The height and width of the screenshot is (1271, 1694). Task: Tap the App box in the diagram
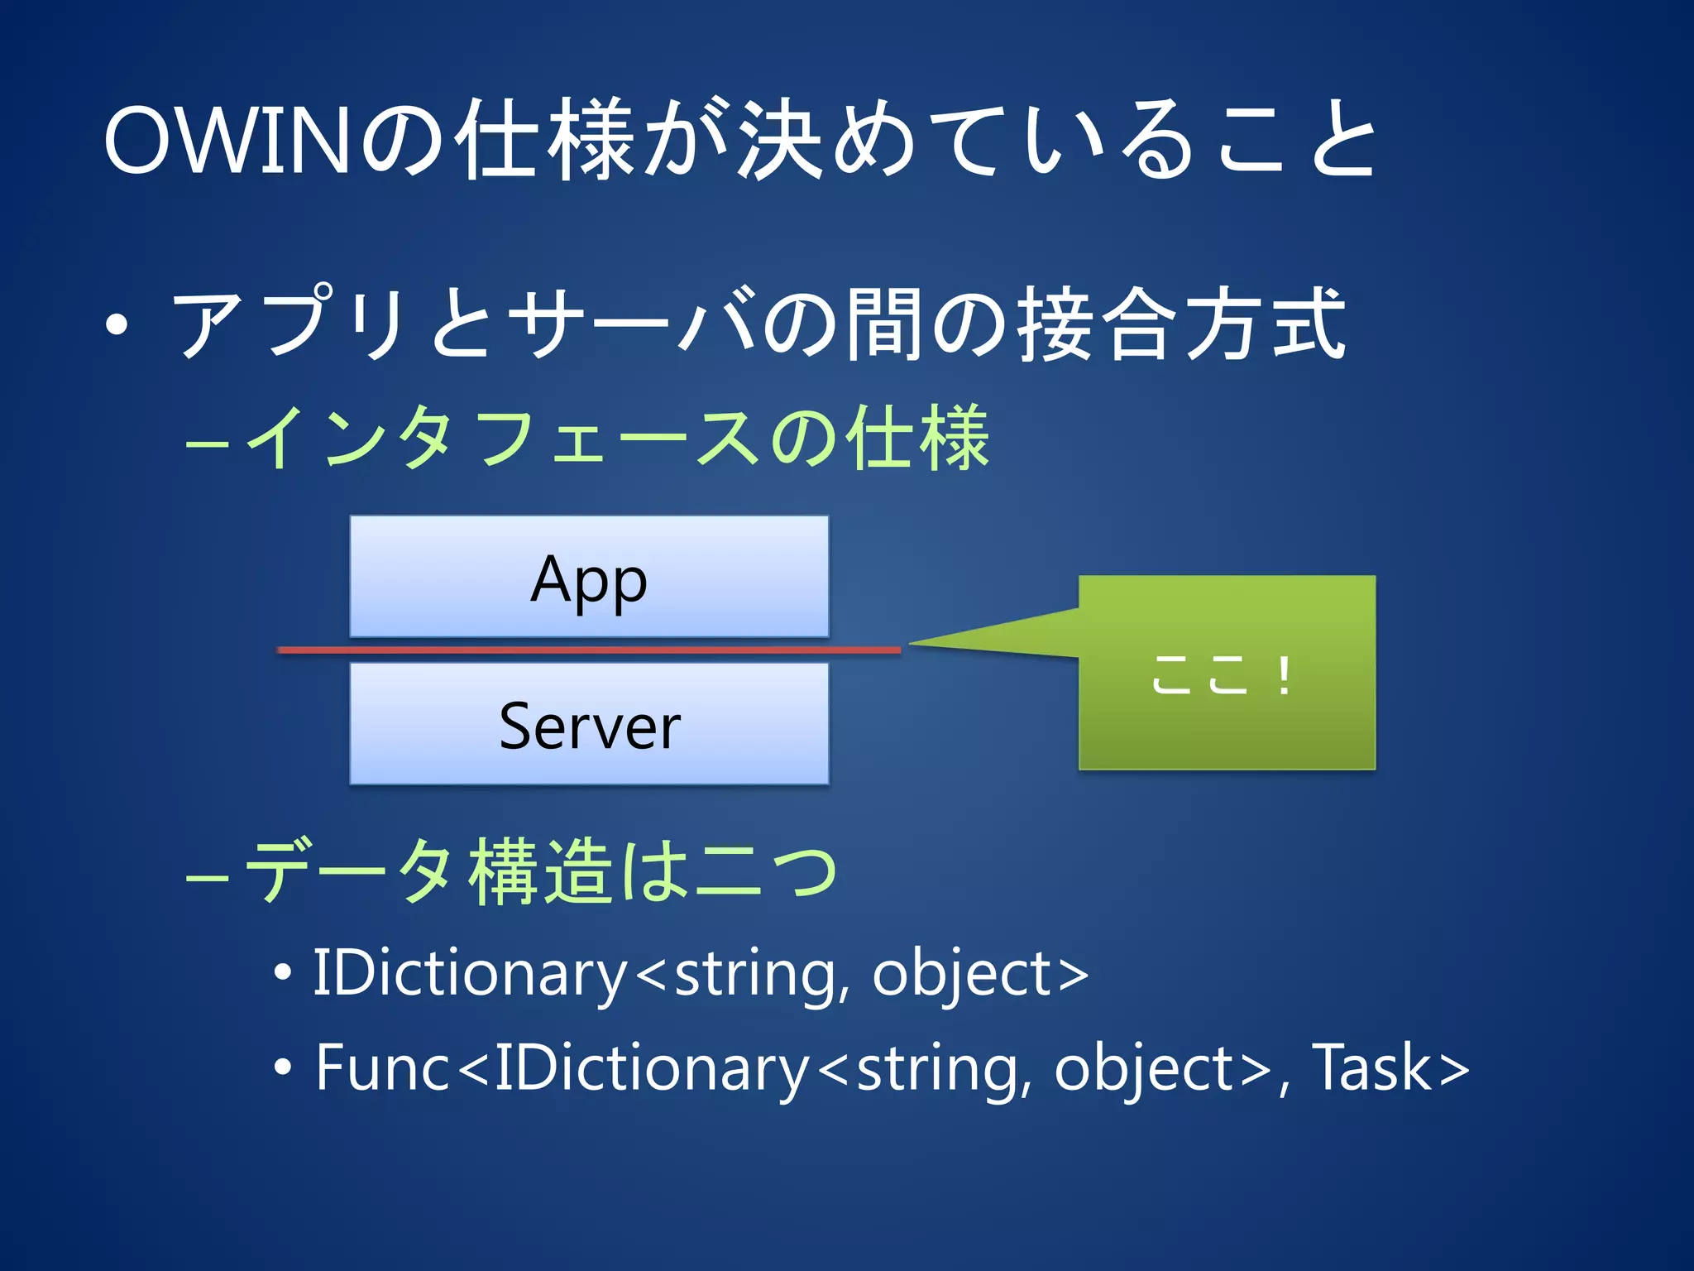coord(589,577)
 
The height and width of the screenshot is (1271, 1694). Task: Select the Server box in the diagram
coord(589,724)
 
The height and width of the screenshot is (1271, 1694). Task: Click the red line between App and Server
coord(589,650)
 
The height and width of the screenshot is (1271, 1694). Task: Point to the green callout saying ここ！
coord(1226,673)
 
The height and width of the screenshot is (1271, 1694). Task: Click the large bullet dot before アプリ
coord(117,324)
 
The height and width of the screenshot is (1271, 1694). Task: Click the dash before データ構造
coord(207,876)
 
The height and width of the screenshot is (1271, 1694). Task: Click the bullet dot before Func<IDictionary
coord(283,1068)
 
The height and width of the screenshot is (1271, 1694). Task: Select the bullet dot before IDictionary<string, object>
coord(283,974)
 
